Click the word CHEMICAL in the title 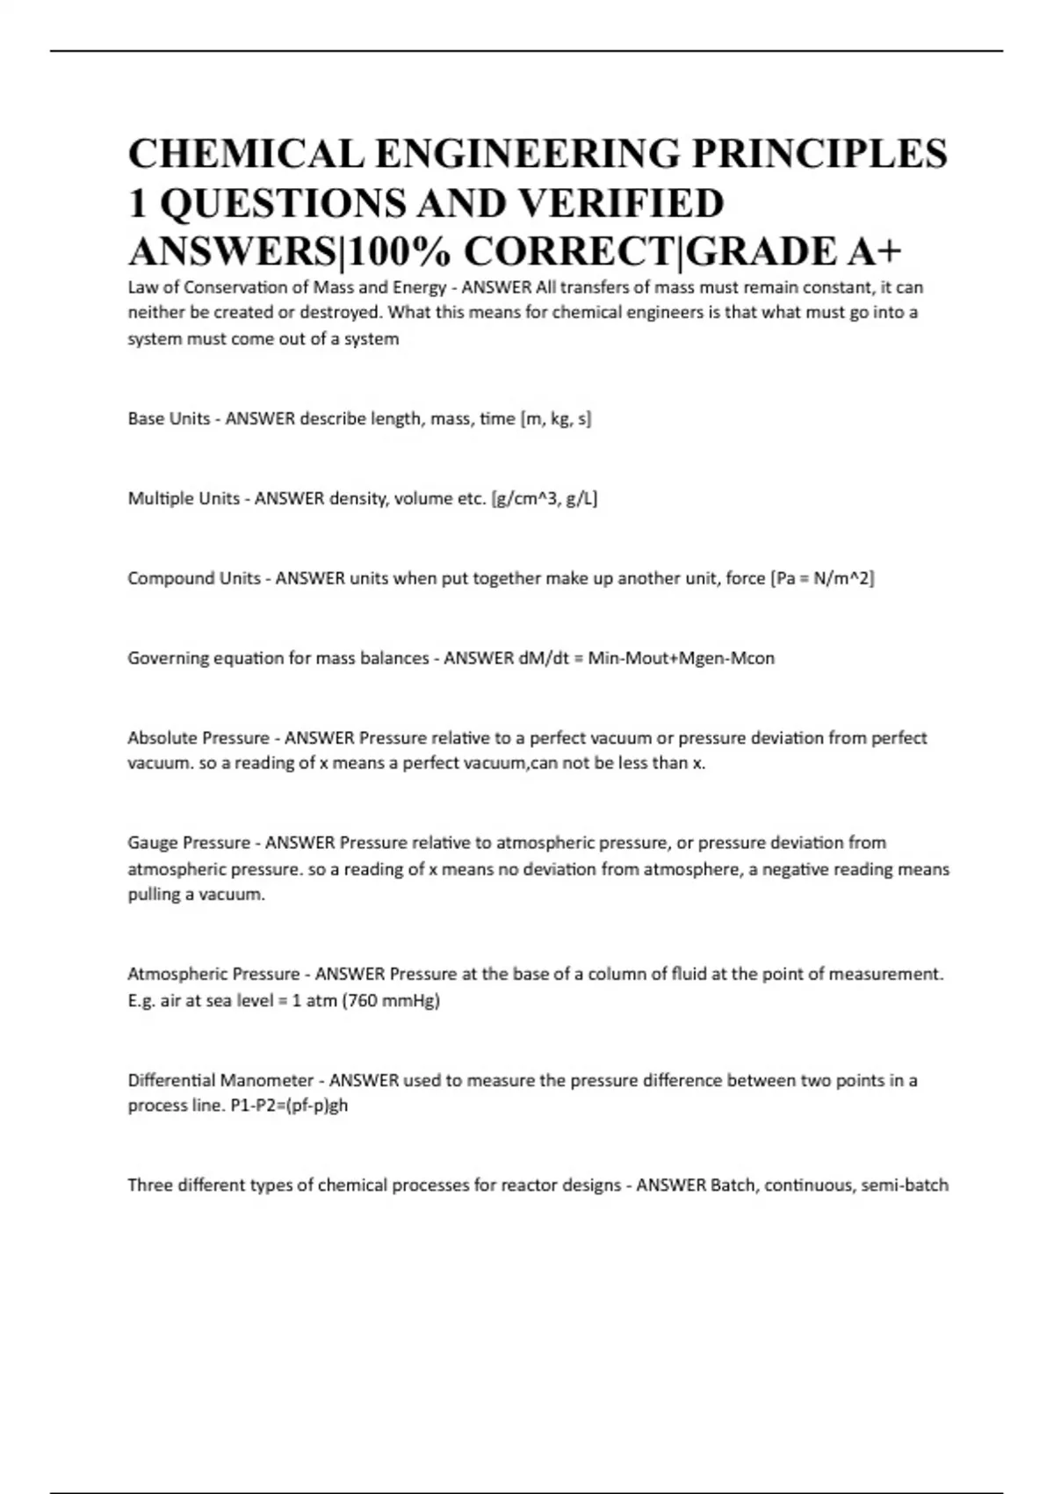(x=247, y=153)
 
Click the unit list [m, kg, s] (x=556, y=419)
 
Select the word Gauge (x=153, y=843)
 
